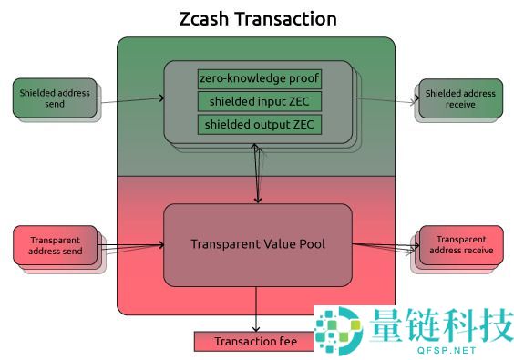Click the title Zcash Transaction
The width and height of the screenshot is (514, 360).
(x=257, y=18)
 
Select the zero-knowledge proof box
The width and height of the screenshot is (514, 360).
(x=260, y=78)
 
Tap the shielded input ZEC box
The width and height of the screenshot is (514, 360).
(x=260, y=100)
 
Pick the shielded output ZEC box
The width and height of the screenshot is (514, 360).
(x=260, y=123)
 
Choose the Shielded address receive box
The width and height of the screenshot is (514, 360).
(x=460, y=98)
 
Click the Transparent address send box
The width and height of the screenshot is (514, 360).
(x=55, y=244)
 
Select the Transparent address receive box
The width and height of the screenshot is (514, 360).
(x=460, y=244)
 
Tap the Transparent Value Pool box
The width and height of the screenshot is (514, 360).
(x=257, y=244)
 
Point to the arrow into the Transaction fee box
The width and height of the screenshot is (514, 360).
(x=257, y=310)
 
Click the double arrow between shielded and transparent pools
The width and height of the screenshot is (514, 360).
(x=258, y=173)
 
